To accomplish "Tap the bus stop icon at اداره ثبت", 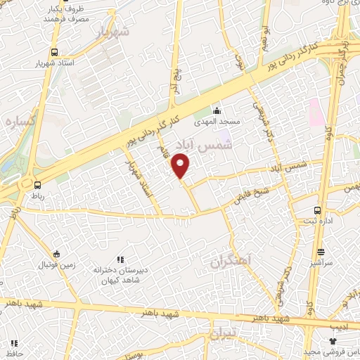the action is click(319, 210).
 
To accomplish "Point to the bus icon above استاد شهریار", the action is click(55, 52).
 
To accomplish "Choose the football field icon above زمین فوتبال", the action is click(57, 254).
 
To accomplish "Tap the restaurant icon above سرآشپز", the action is click(321, 252).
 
